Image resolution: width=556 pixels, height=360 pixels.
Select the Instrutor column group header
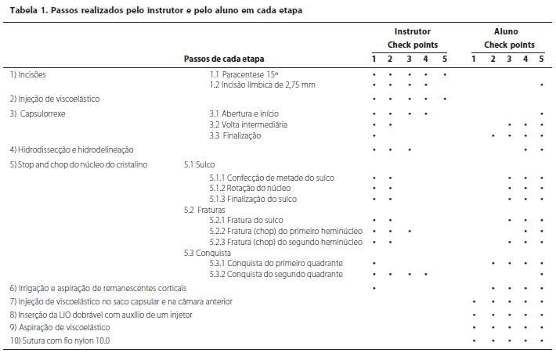pos(412,32)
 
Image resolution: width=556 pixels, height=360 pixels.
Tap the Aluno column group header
pos(506,32)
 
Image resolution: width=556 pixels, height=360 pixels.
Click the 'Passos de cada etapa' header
pos(224,59)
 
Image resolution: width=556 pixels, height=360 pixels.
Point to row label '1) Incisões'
pos(28,74)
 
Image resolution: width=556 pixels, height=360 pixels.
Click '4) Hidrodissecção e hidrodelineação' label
pos(72,149)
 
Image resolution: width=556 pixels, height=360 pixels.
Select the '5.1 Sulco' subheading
pos(199,165)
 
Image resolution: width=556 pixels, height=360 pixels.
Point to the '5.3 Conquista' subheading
pos(207,252)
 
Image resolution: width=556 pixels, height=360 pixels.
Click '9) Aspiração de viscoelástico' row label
pos(60,326)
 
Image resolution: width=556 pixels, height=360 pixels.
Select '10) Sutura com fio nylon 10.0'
pos(60,340)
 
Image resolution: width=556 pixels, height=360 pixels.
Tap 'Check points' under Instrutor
pos(412,45)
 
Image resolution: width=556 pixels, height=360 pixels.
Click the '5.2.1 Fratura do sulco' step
pos(247,221)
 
